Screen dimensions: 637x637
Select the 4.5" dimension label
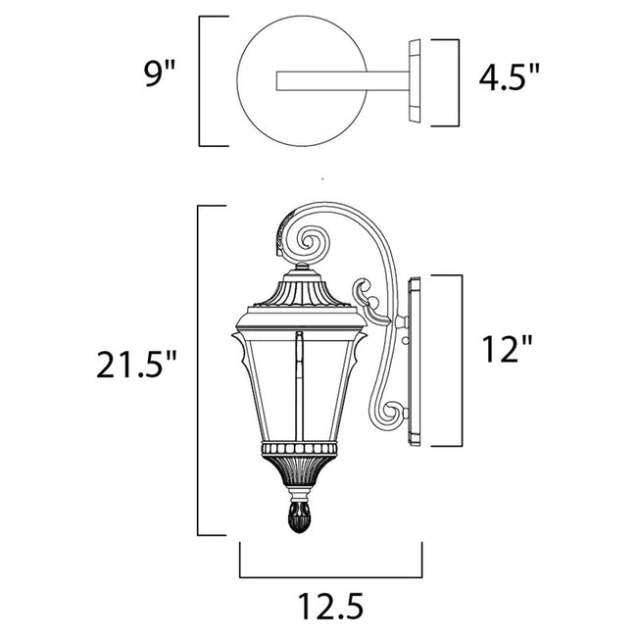(508, 76)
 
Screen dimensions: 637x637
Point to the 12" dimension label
(509, 348)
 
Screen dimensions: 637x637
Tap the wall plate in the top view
(416, 81)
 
